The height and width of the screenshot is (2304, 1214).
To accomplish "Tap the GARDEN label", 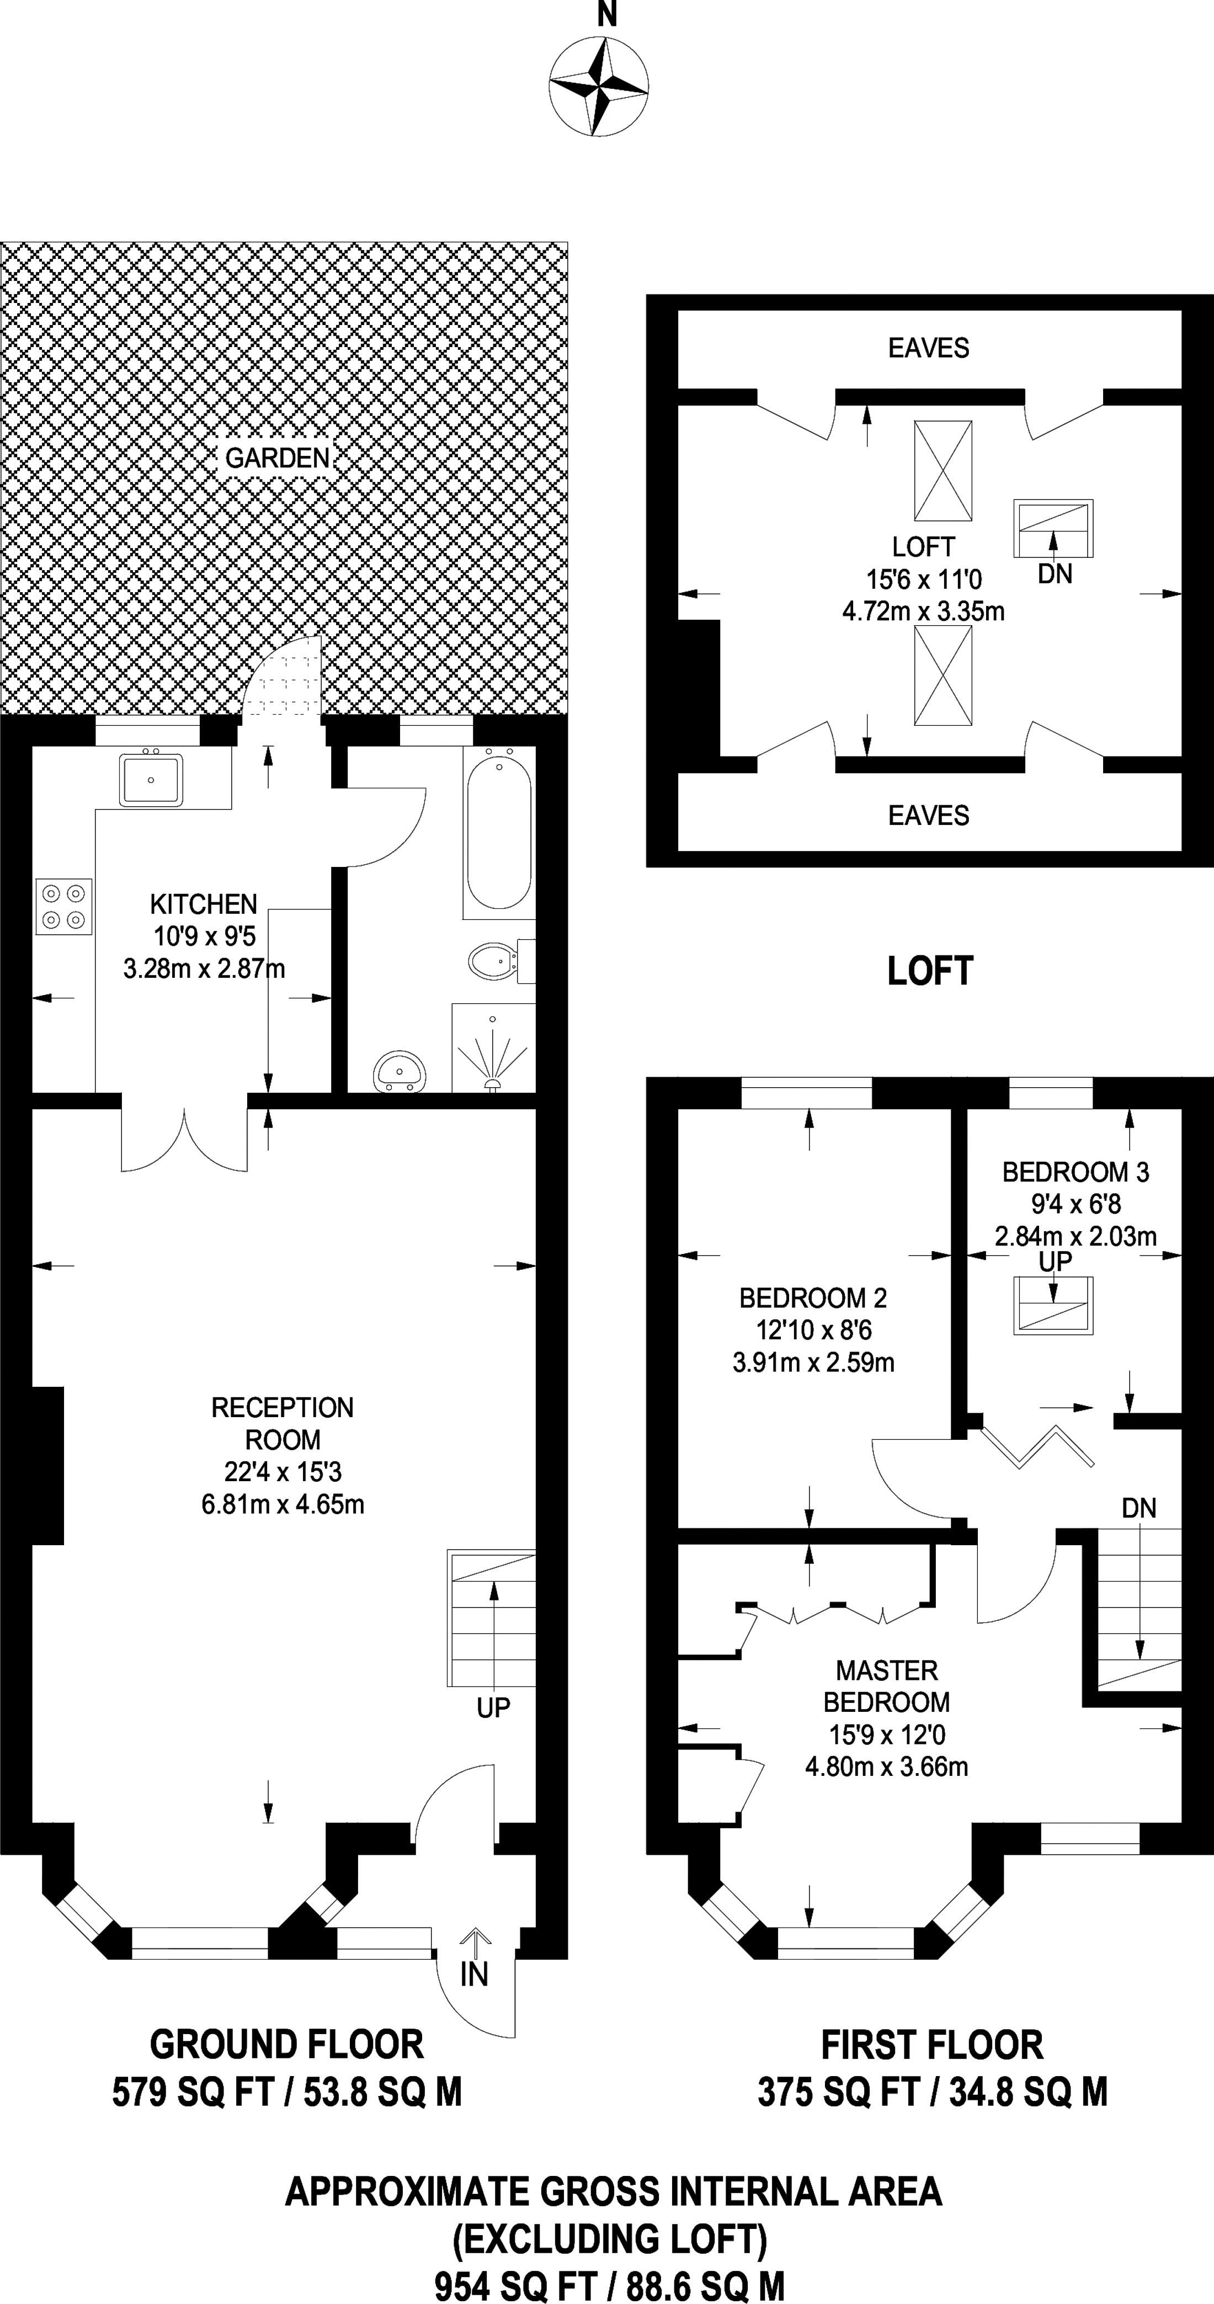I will (278, 459).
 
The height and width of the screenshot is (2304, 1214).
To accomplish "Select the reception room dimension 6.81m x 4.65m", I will (283, 1504).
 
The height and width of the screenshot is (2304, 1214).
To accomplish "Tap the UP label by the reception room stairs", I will (493, 1709).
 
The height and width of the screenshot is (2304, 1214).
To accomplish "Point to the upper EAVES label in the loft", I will (929, 348).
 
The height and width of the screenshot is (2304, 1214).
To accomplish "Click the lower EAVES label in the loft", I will (929, 816).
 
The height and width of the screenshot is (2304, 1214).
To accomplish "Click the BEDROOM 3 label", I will (1075, 1172).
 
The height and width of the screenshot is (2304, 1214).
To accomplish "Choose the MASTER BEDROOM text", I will (887, 1686).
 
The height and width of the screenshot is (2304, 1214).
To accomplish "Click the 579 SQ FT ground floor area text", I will (287, 2092).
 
